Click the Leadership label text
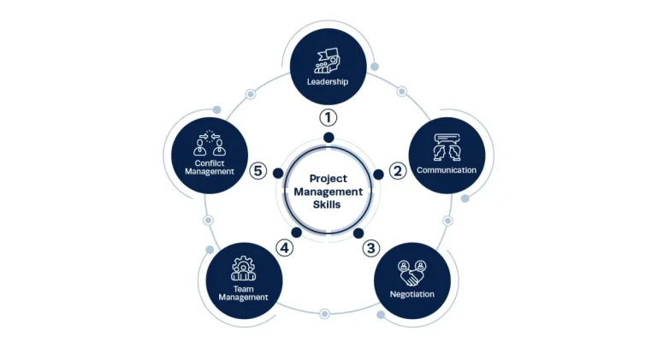tap(328, 81)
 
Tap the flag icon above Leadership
tap(328, 61)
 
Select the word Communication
tap(447, 170)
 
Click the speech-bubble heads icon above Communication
tap(447, 147)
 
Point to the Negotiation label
tap(411, 294)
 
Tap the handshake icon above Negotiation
tap(411, 273)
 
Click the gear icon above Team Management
tap(243, 269)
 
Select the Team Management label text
tap(243, 293)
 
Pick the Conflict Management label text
tap(210, 167)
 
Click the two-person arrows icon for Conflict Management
tap(210, 143)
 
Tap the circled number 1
tap(328, 118)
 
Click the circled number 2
tap(398, 171)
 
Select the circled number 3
tap(370, 248)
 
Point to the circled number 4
tap(285, 248)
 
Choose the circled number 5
tap(258, 171)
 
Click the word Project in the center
tap(328, 179)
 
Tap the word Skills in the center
tap(327, 204)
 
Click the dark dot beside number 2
tap(378, 174)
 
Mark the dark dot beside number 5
tap(278, 173)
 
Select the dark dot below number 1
tap(328, 138)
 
